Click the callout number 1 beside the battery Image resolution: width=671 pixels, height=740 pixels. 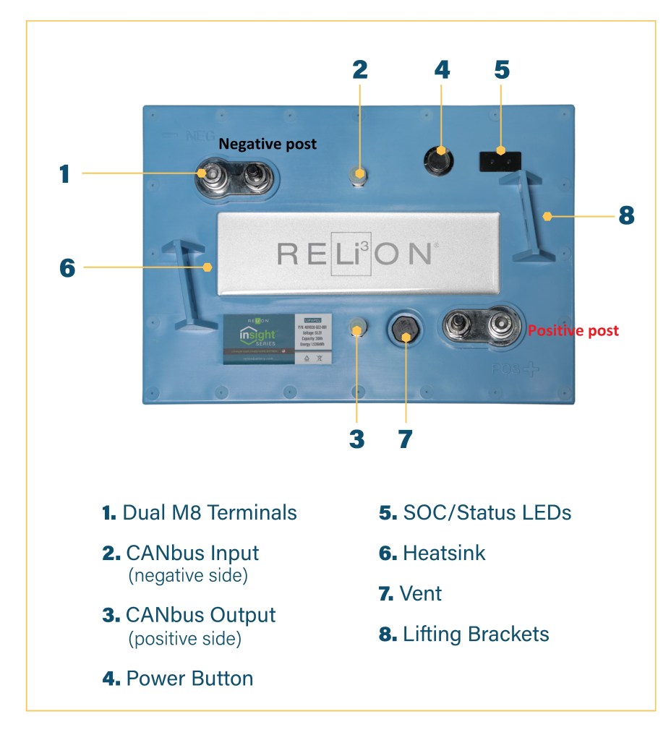pos(65,173)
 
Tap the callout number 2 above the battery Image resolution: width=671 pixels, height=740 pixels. pos(360,69)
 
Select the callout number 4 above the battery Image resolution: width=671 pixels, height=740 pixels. pos(442,69)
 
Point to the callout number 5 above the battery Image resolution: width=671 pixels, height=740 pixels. pos(502,69)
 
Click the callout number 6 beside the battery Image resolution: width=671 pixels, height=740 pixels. pos(67,267)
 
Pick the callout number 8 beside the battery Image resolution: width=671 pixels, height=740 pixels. pos(626,215)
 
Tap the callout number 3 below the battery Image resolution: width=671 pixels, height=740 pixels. pos(356,439)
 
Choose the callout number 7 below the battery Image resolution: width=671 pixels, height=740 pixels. pos(405,439)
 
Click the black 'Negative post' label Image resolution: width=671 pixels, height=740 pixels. pos(268,144)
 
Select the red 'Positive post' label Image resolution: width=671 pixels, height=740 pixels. pos(573,330)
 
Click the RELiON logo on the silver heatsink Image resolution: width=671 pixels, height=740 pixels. pos(354,254)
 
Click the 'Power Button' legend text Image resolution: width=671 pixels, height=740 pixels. pos(189,679)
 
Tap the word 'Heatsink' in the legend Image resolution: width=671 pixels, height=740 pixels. pos(444,553)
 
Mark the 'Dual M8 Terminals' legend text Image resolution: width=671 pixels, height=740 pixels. pos(210,512)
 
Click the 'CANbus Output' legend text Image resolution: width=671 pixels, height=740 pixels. pos(200,615)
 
